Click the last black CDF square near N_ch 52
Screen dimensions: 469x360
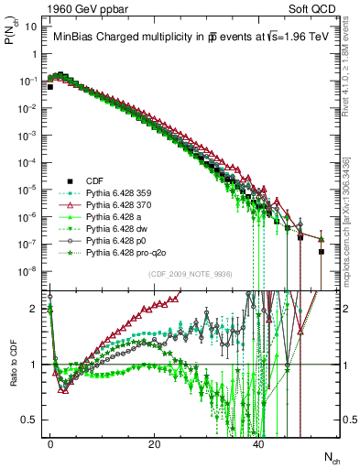point(322,251)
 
